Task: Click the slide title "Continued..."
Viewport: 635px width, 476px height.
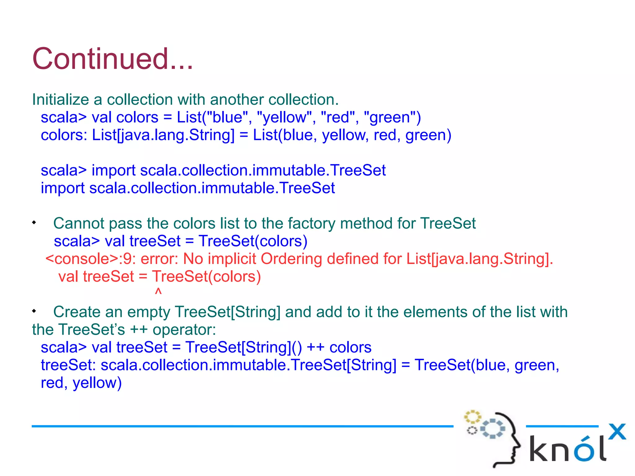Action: pyautogui.click(x=113, y=59)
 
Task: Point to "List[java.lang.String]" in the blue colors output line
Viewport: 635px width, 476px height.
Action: pyautogui.click(x=163, y=135)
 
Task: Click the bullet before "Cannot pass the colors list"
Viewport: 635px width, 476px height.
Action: pyautogui.click(x=34, y=223)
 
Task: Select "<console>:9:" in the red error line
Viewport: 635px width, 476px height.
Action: pyautogui.click(x=91, y=259)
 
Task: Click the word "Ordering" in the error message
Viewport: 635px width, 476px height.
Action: pyautogui.click(x=291, y=259)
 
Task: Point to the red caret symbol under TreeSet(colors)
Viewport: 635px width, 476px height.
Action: pyautogui.click(x=158, y=292)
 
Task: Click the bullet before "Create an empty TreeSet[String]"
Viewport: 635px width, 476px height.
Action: pyautogui.click(x=34, y=311)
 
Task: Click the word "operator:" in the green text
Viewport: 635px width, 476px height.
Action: pyautogui.click(x=184, y=330)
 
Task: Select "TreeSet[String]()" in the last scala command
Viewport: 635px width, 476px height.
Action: pyautogui.click(x=243, y=347)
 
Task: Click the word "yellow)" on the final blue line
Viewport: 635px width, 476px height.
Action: pyautogui.click(x=97, y=383)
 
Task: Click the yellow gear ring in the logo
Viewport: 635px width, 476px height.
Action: pyautogui.click(x=472, y=417)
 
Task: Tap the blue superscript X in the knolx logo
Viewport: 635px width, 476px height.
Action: pyautogui.click(x=617, y=432)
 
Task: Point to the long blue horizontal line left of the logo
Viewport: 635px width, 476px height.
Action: pyautogui.click(x=242, y=426)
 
